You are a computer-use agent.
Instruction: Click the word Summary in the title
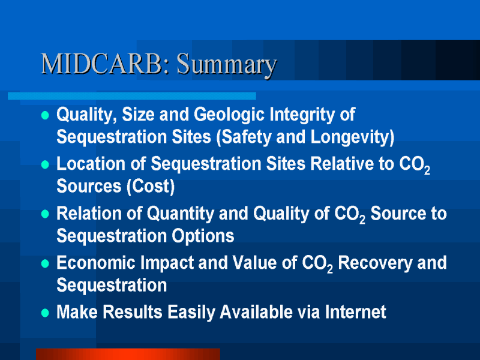point(227,65)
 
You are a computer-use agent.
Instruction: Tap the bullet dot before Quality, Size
point(45,115)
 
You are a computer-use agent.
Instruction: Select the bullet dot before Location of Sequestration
point(45,164)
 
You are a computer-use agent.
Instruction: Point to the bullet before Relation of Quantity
point(45,214)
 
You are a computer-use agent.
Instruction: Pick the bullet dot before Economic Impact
point(45,263)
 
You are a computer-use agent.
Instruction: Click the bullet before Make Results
point(45,313)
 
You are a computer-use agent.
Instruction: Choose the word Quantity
point(181,214)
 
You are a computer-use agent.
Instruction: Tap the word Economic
point(96,263)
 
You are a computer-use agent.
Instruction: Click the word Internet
point(355,312)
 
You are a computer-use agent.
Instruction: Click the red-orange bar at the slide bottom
point(128,354)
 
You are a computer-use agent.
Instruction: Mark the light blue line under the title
point(132,96)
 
